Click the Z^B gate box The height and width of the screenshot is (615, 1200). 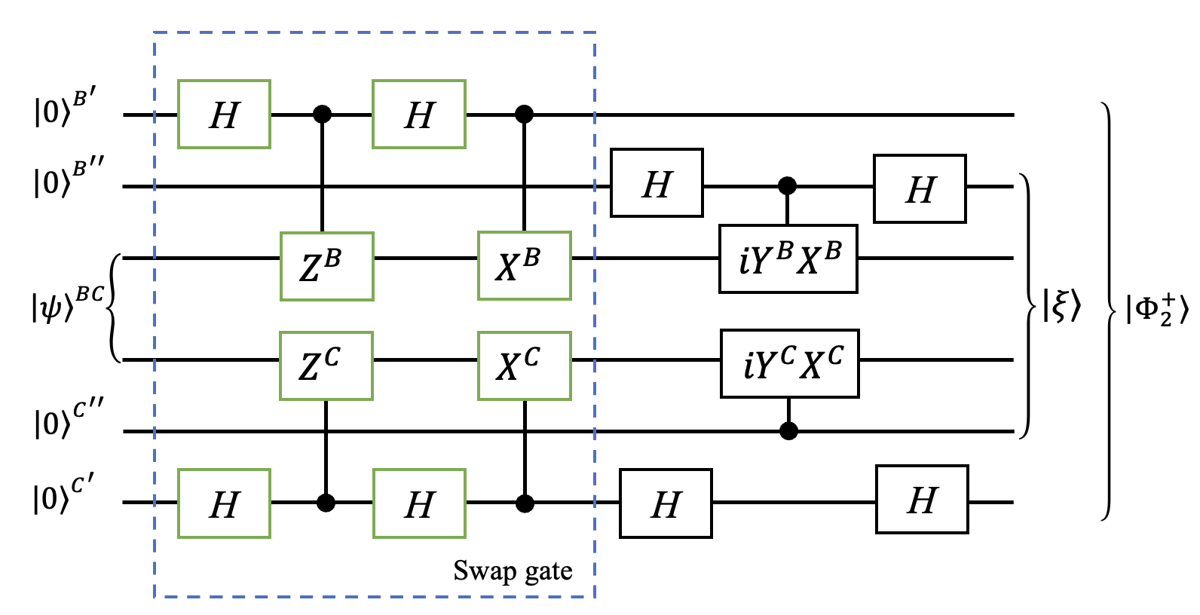tap(327, 267)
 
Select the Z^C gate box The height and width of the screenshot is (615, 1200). tap(326, 366)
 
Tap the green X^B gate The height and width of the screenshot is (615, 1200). tap(525, 266)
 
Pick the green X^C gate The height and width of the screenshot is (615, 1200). tap(525, 366)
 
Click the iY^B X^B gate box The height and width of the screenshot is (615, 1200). tap(788, 259)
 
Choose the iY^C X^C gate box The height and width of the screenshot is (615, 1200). tap(790, 363)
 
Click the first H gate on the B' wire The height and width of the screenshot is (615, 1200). tap(225, 115)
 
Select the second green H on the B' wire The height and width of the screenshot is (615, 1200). tap(419, 115)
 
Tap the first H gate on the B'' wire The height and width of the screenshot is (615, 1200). tap(657, 183)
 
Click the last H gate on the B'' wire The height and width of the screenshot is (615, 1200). tap(920, 189)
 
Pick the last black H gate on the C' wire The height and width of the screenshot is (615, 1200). tap(922, 500)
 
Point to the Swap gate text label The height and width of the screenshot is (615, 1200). tap(513, 571)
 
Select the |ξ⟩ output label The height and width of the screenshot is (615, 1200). tap(1062, 305)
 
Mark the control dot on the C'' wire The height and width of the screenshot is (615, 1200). tap(788, 431)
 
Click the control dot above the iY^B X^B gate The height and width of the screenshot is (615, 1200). tap(788, 185)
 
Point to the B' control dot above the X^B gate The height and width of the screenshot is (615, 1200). tap(524, 115)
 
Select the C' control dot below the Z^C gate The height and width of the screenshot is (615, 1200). tap(326, 503)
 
